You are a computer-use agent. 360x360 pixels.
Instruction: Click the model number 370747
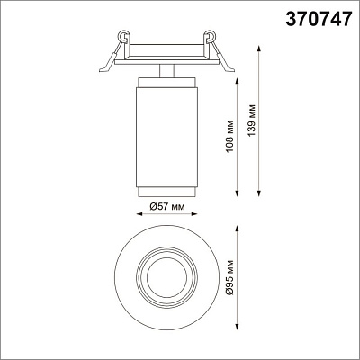[x=318, y=19]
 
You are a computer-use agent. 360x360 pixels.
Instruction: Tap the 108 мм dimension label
[x=229, y=136]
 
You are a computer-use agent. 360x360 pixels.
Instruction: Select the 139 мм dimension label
[x=252, y=121]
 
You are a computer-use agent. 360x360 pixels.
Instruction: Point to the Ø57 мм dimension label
[x=166, y=206]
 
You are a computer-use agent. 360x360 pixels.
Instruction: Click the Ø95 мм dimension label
[x=229, y=277]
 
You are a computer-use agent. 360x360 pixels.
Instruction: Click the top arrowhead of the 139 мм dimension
[x=259, y=49]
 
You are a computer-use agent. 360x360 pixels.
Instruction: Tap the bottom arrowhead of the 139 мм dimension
[x=259, y=193]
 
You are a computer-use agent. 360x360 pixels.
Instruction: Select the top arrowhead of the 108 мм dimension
[x=238, y=81]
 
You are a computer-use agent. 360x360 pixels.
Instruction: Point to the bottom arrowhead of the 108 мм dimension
[x=238, y=193]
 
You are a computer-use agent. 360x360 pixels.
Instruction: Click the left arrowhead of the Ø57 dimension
[x=139, y=214]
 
